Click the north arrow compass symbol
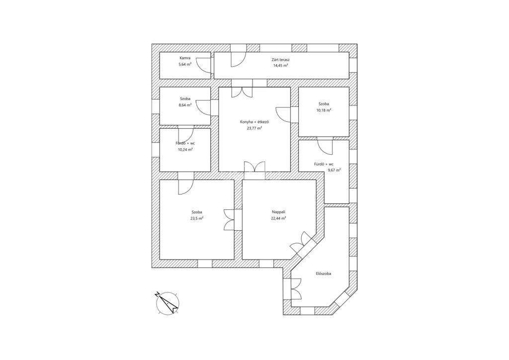click(167, 302)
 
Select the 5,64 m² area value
click(185, 65)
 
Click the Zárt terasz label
click(281, 59)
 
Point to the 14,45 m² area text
click(281, 65)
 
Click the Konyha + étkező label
click(254, 121)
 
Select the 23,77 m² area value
click(254, 128)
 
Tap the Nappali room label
click(278, 212)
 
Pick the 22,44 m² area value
click(278, 218)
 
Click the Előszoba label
click(324, 273)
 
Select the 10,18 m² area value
click(324, 110)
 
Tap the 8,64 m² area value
click(185, 105)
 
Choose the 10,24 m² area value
click(185, 149)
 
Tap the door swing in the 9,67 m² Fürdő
click(325, 147)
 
